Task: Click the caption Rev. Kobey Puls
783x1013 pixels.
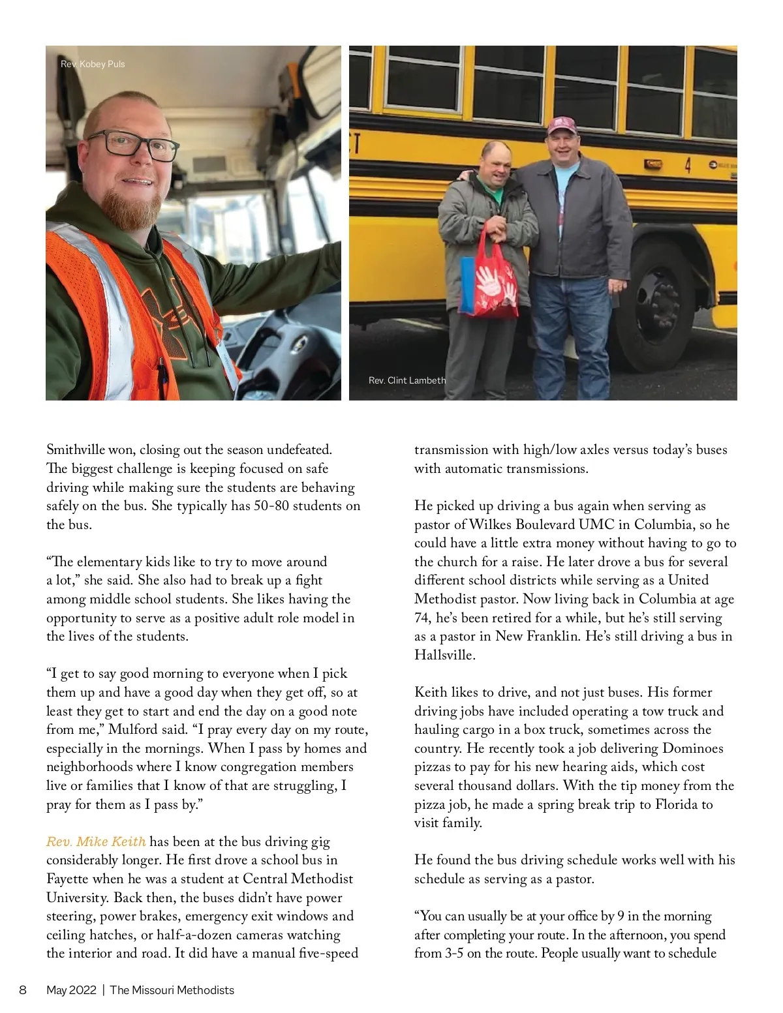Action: [x=93, y=64]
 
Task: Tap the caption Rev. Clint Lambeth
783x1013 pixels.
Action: [x=407, y=380]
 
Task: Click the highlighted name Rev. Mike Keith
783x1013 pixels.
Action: [x=96, y=841]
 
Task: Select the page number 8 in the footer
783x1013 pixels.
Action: [x=23, y=990]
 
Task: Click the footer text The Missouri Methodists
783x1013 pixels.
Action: [x=172, y=990]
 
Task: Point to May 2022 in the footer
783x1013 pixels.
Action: [x=71, y=990]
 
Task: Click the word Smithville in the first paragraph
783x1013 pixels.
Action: [x=76, y=450]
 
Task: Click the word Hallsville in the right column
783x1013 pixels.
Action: [x=444, y=655]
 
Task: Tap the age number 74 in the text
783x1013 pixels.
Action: [x=423, y=618]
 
